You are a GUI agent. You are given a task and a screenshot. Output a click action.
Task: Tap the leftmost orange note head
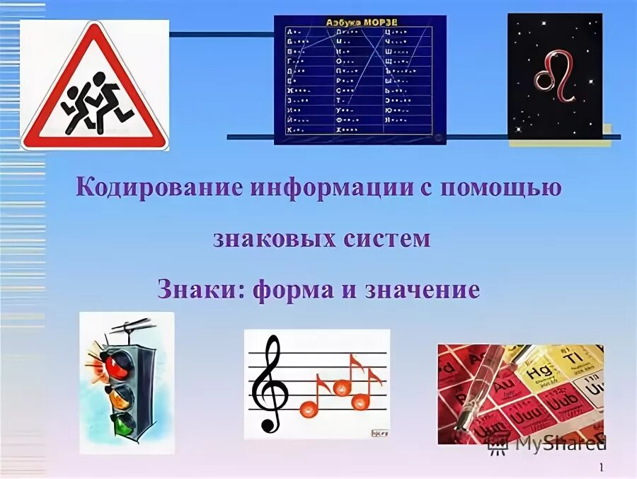coord(309,408)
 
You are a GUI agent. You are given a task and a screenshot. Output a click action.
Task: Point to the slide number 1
coord(600,467)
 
